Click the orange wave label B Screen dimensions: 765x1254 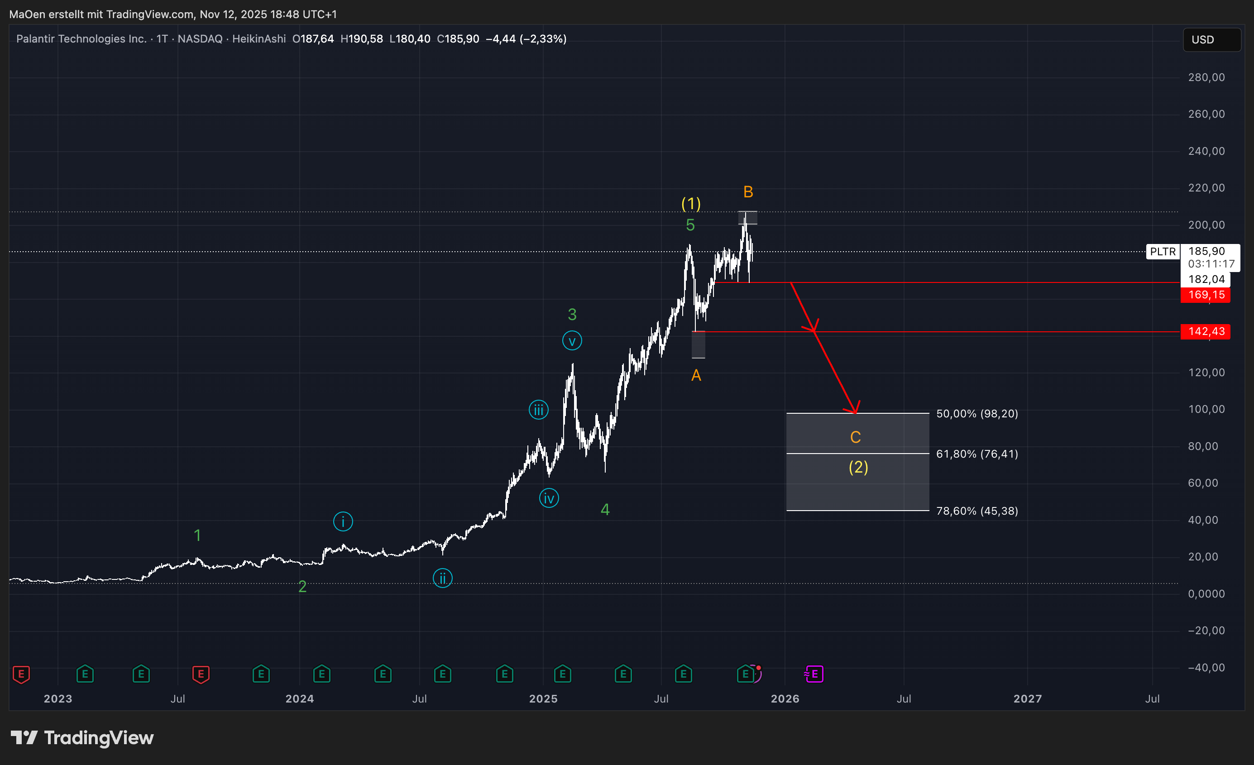coord(747,192)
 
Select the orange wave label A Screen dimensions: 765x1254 coord(696,376)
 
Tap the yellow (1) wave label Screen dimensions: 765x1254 coord(691,204)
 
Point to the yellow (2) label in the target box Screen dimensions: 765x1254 coord(858,467)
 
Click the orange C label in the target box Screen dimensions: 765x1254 coord(855,437)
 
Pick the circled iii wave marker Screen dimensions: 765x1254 coord(538,410)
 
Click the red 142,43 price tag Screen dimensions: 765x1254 coord(1205,332)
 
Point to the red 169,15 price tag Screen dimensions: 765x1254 coord(1205,295)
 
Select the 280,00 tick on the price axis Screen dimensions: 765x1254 coord(1206,77)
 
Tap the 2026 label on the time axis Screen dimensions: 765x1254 coord(784,698)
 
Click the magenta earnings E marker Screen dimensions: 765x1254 coord(814,674)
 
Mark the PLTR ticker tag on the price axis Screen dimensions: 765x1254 coord(1163,251)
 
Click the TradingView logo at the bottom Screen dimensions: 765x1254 coord(82,737)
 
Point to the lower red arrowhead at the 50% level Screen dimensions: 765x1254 coord(855,409)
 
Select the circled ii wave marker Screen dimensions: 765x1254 coord(442,578)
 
